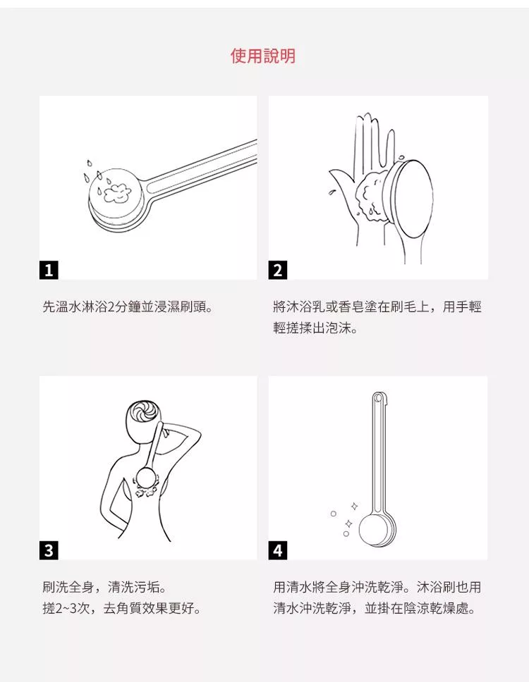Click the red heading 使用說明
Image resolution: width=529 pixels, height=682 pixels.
point(263,56)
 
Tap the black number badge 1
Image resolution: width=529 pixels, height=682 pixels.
point(49,270)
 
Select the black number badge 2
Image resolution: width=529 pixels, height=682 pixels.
point(278,270)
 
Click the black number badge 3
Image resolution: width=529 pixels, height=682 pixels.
point(49,550)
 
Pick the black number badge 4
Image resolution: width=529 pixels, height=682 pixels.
point(278,550)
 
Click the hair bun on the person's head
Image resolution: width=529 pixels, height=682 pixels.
point(145,411)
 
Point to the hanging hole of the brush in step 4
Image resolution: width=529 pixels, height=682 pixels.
point(378,398)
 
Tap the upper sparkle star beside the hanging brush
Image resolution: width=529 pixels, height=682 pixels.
point(354,507)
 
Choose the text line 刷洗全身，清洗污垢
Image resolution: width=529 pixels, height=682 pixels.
point(104,587)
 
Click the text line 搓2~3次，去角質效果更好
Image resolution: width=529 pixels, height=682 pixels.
point(122,608)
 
